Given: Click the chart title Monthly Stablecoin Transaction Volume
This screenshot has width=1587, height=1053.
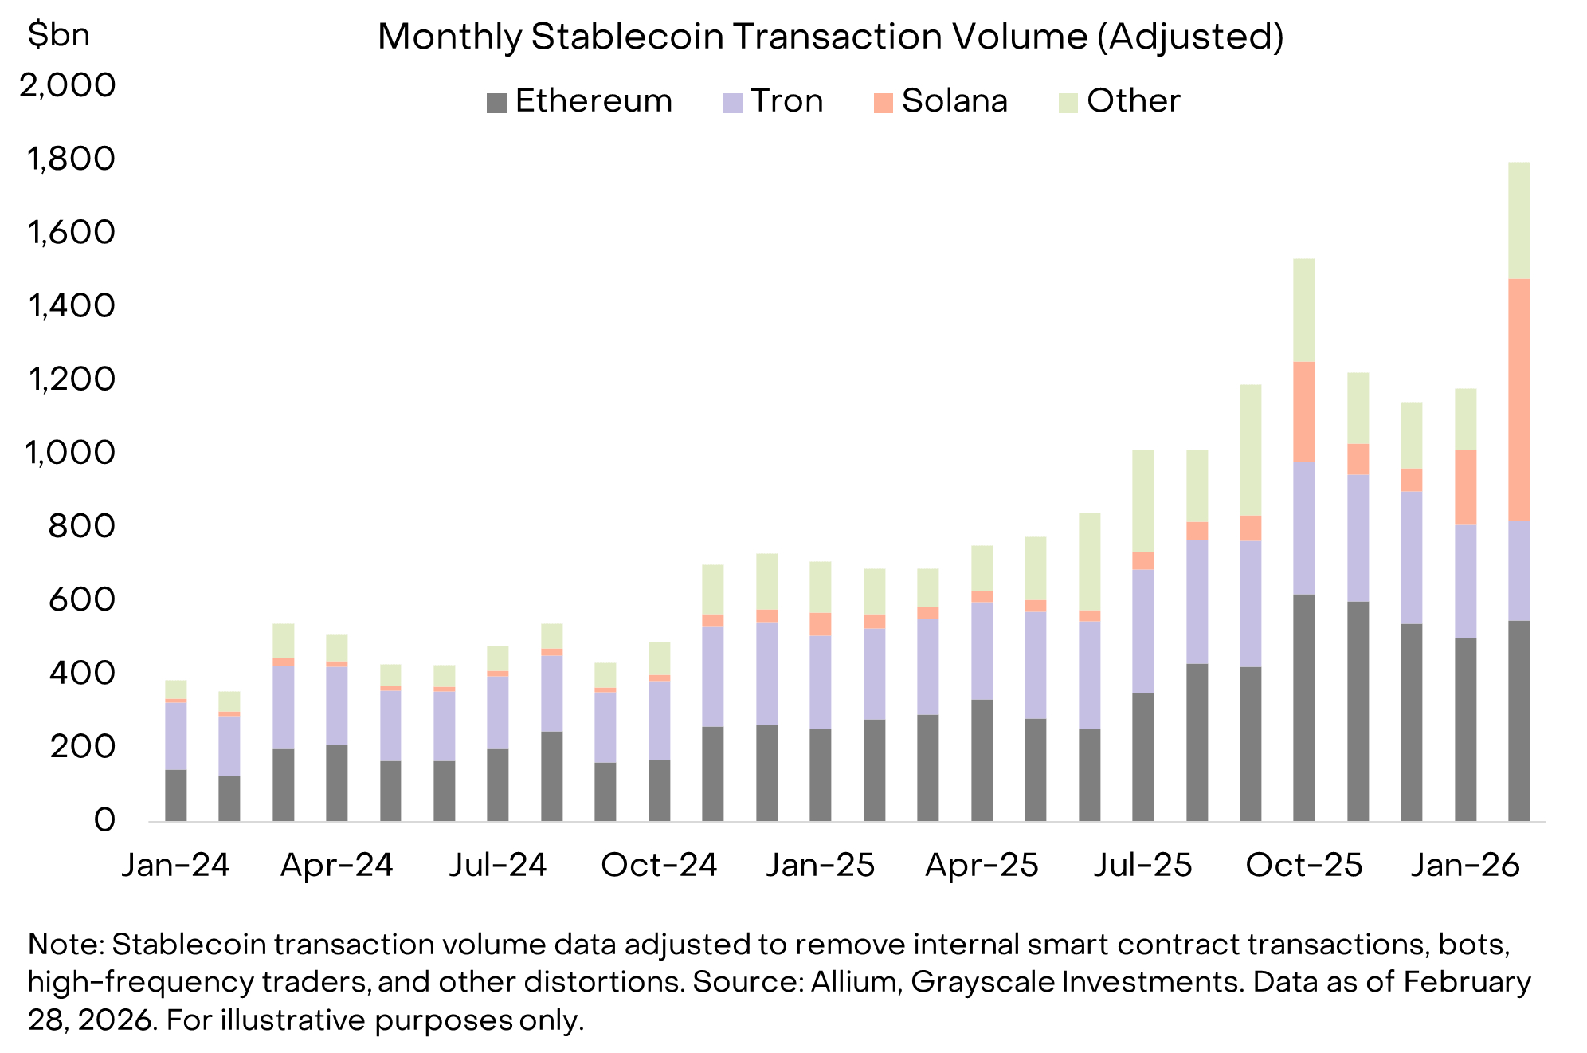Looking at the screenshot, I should (x=830, y=37).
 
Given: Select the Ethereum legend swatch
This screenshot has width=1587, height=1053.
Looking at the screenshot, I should (x=496, y=103).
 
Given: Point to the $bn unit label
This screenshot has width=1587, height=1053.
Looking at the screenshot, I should (x=58, y=34).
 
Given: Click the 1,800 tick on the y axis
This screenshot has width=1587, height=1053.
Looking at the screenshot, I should (x=71, y=159).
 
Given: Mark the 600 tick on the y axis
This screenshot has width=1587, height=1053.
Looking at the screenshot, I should (x=82, y=600).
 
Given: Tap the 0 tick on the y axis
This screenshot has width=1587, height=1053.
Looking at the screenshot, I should (x=104, y=820).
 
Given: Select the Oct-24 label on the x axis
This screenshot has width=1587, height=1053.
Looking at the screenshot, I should (x=659, y=865).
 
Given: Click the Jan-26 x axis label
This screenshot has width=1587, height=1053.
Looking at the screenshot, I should (x=1465, y=865).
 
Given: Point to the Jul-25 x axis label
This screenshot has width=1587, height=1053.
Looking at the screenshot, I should (x=1142, y=865).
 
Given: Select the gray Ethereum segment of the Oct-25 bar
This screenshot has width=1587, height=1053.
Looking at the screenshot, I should (x=1303, y=708).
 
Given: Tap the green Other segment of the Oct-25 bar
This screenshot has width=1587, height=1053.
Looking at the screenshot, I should (x=1303, y=310).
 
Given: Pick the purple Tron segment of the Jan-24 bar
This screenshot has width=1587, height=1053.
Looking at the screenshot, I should (x=175, y=736).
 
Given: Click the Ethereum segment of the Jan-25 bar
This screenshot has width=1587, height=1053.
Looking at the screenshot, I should (x=820, y=775).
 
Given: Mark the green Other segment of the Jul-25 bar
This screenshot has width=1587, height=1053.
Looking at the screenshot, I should (x=1142, y=501).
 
